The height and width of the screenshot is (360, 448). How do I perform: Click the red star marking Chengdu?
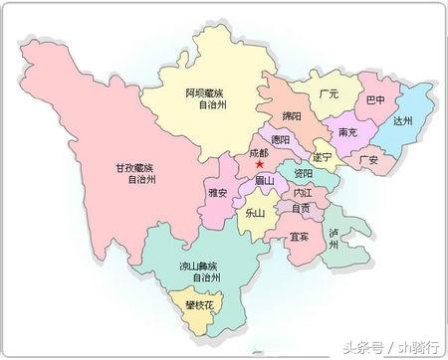260,165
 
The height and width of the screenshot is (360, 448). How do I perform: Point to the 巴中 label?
375,101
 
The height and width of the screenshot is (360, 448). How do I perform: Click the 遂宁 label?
322,157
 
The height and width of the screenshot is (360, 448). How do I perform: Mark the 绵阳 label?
292,115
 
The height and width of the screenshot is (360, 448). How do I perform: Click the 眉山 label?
263,180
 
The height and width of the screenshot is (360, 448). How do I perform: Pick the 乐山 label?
255,212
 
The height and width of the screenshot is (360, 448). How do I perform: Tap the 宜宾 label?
299,237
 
